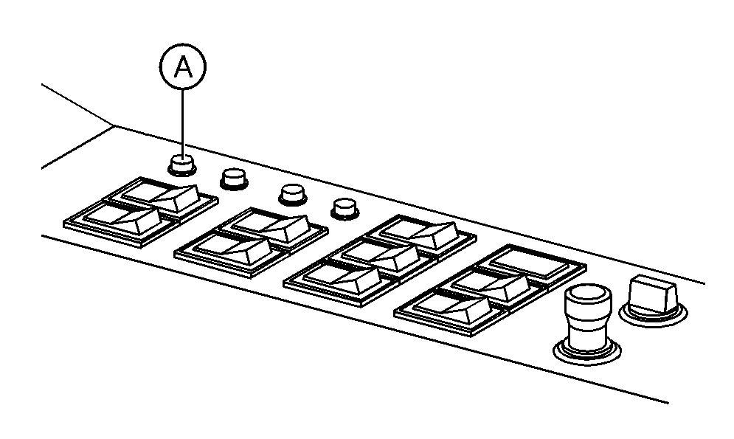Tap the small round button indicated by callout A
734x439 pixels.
tap(182, 165)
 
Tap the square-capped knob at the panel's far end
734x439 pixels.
tap(653, 294)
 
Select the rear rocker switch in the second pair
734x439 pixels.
tap(271, 226)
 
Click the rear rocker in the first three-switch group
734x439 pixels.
tap(420, 234)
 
